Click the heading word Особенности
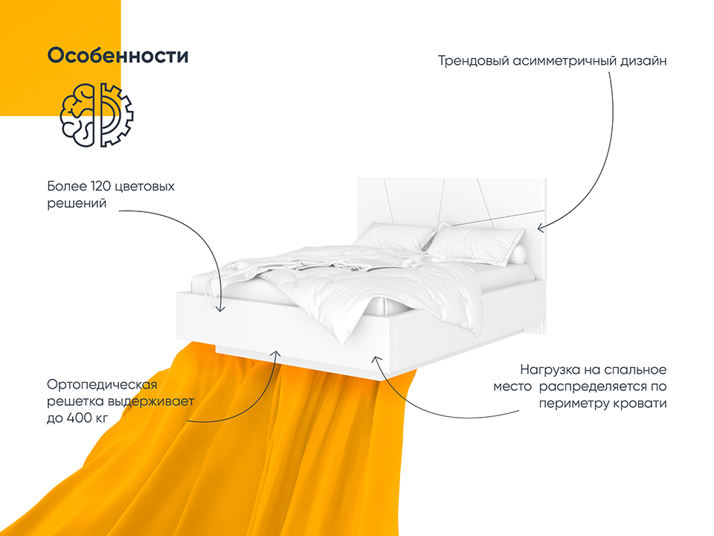[x=118, y=56]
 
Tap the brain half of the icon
[x=78, y=115]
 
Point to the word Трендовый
[x=474, y=61]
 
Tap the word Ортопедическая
[x=102, y=385]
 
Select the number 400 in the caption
[x=80, y=418]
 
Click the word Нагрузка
[x=553, y=370]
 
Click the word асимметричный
[x=565, y=61]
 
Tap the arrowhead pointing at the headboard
[x=541, y=228]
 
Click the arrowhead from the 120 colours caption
[x=220, y=308]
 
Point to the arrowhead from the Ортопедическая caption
[x=275, y=354]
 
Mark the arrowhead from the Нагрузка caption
[x=376, y=360]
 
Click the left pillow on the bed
[x=393, y=238]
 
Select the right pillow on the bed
[x=474, y=244]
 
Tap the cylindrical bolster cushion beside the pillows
[x=518, y=255]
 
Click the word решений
[x=77, y=204]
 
